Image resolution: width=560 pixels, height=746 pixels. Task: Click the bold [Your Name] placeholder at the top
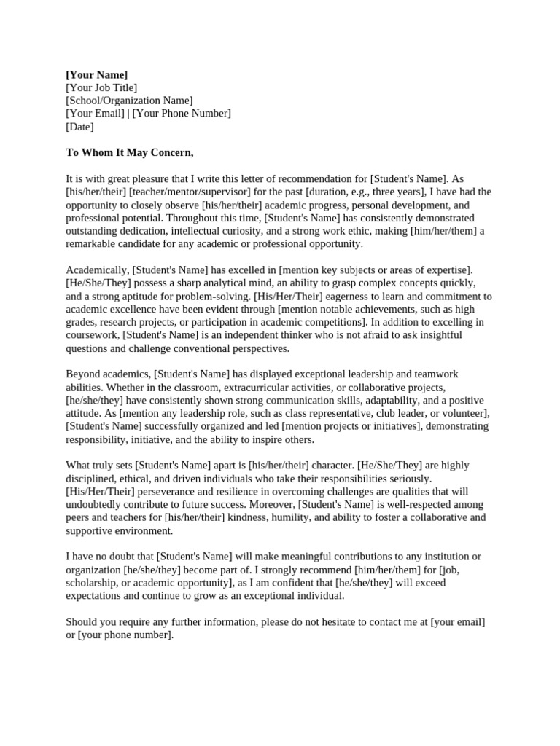pyautogui.click(x=96, y=74)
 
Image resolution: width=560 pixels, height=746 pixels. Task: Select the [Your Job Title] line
pyautogui.click(x=101, y=87)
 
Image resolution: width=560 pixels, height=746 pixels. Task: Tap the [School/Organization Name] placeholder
pyautogui.click(x=129, y=101)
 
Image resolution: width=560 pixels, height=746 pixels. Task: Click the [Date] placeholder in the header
pyautogui.click(x=79, y=127)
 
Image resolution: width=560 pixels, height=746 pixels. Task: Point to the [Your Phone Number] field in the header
pyautogui.click(x=182, y=114)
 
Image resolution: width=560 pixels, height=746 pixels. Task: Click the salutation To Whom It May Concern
pyautogui.click(x=130, y=152)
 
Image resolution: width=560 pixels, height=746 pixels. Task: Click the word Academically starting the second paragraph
pyautogui.click(x=97, y=270)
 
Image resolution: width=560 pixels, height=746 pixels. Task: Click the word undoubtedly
pyautogui.click(x=100, y=505)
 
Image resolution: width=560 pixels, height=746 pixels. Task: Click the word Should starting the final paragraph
pyautogui.click(x=83, y=622)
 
